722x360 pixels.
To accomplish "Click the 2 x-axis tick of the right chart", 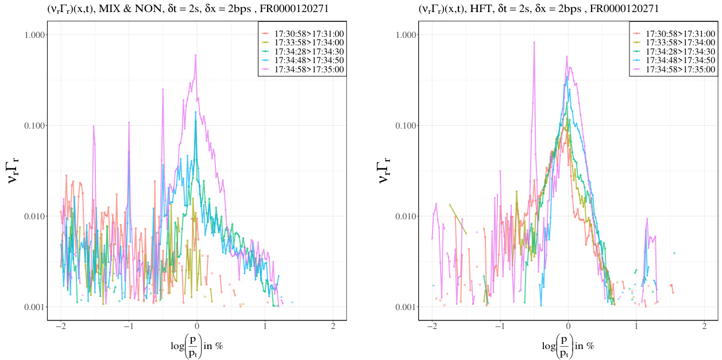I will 704,326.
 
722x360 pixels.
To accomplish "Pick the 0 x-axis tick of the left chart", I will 197,326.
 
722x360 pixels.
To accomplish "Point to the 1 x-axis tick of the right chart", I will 636,326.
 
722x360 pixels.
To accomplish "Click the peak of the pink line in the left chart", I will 196,55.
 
